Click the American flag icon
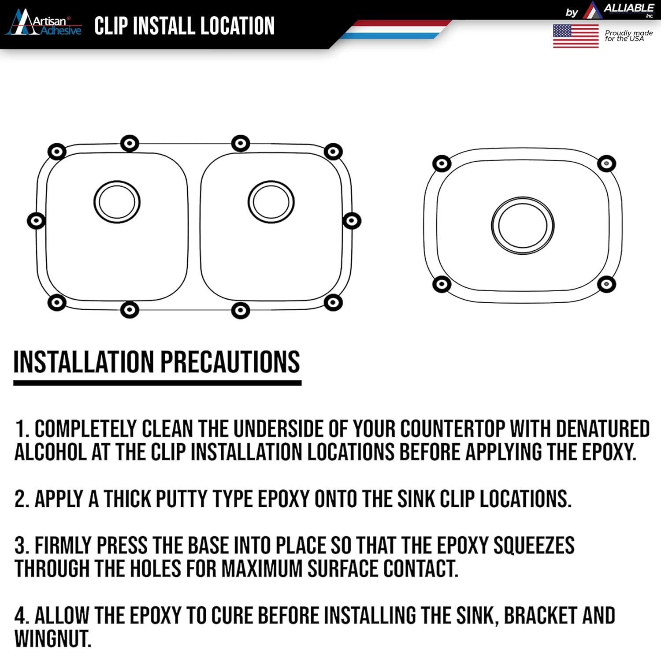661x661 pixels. point(576,36)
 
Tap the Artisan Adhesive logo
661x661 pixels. point(43,23)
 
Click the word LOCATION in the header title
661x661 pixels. point(238,26)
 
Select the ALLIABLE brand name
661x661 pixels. point(628,8)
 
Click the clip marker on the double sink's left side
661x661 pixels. point(36,220)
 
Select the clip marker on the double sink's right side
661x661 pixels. point(352,220)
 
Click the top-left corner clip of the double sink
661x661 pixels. point(56,152)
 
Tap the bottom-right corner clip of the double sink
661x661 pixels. point(333,302)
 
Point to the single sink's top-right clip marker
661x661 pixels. point(606,163)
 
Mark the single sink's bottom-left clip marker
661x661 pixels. point(442,284)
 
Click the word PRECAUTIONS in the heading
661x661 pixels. point(230,362)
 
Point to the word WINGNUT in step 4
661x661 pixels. point(53,639)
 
